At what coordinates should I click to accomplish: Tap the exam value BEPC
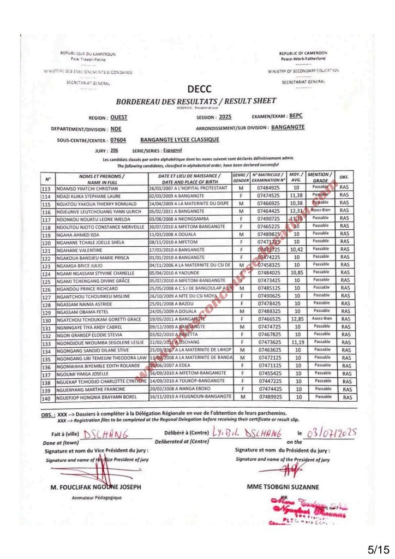click(x=296, y=116)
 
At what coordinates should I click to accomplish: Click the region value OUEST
click(x=119, y=117)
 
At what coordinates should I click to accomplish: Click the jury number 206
click(x=114, y=150)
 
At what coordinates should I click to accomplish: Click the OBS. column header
click(x=344, y=177)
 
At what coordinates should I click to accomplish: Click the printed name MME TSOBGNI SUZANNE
click(x=284, y=486)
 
